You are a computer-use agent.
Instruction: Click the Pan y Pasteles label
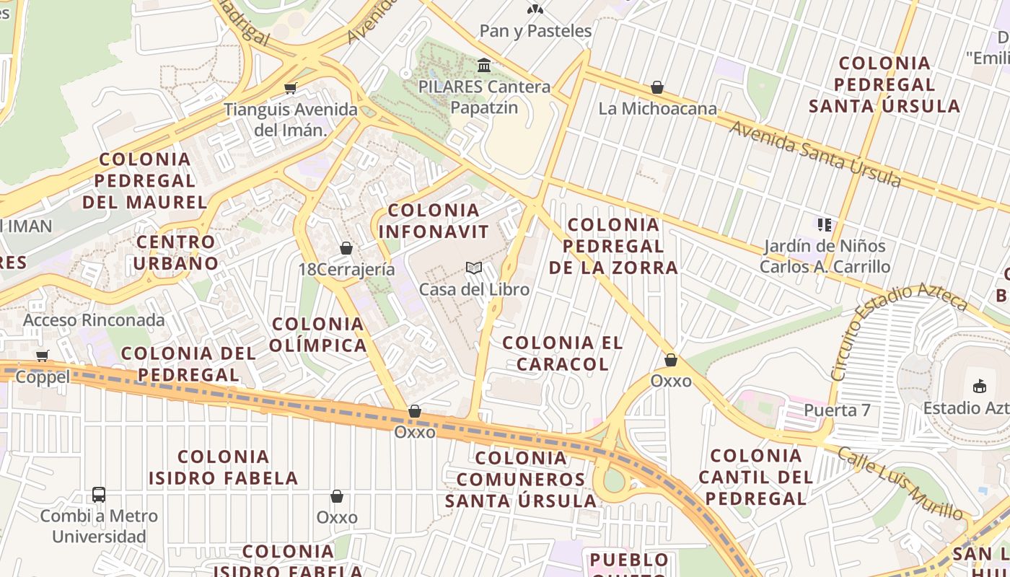click(x=535, y=31)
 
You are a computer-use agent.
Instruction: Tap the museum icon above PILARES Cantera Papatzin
click(x=484, y=66)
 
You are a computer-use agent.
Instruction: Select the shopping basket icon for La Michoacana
click(x=657, y=87)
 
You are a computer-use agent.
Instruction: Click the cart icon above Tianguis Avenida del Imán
click(x=291, y=89)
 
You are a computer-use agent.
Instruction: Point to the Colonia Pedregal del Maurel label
click(x=145, y=180)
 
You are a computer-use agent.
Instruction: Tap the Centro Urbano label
click(x=175, y=252)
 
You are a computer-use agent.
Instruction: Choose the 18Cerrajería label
click(x=346, y=270)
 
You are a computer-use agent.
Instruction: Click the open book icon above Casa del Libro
click(x=474, y=268)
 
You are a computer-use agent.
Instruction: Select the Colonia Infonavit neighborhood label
click(x=434, y=221)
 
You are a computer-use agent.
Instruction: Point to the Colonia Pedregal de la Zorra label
click(x=613, y=246)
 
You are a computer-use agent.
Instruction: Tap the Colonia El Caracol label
click(x=563, y=353)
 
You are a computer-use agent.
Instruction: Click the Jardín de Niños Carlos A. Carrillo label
click(x=825, y=256)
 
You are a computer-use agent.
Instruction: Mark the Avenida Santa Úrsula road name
click(x=815, y=153)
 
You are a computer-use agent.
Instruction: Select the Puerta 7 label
click(x=837, y=410)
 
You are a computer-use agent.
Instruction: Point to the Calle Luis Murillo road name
click(x=901, y=481)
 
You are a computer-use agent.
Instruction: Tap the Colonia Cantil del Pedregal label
click(x=755, y=477)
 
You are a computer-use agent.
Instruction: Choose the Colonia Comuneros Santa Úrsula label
click(x=521, y=479)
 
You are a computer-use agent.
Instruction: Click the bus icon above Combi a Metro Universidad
click(x=99, y=495)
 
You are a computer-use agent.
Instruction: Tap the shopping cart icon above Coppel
click(x=43, y=356)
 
